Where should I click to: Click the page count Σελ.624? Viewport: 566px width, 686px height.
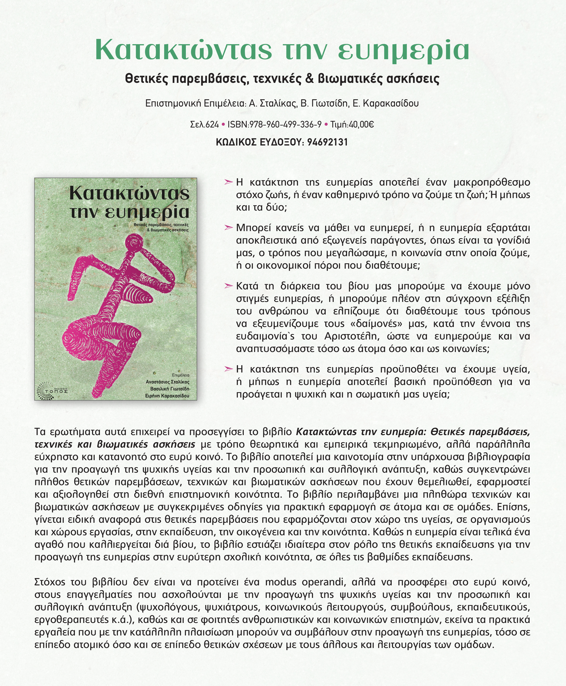pos(204,124)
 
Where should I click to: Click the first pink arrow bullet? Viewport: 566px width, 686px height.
pos(228,182)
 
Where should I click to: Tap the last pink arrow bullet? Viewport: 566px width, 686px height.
pos(228,369)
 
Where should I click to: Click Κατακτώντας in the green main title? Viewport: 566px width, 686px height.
pos(183,50)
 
